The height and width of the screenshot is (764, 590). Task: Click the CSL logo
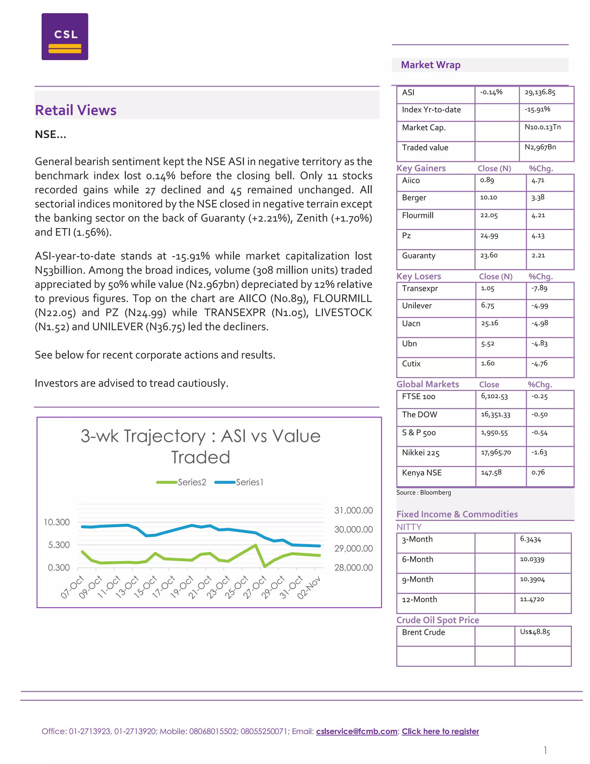click(65, 37)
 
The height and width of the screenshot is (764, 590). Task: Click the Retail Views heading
click(75, 110)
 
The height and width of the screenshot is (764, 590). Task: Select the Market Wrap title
click(430, 65)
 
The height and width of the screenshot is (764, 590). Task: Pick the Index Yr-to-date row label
click(431, 110)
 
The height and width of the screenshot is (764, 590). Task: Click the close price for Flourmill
click(489, 215)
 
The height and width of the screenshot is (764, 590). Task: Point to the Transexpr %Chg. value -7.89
click(539, 288)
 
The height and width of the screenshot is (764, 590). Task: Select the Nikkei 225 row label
click(421, 453)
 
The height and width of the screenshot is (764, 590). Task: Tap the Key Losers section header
click(418, 276)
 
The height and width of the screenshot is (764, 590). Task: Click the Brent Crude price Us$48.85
click(535, 632)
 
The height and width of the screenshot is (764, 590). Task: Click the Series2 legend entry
click(182, 482)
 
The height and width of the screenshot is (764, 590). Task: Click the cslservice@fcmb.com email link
click(357, 731)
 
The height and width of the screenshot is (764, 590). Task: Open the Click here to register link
click(440, 731)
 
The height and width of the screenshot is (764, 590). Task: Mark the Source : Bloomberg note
click(423, 492)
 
